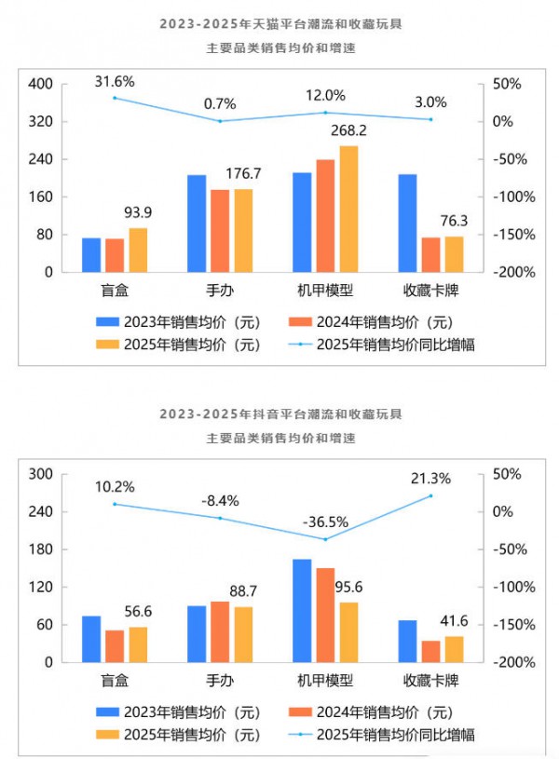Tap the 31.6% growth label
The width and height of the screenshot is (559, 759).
[x=115, y=82]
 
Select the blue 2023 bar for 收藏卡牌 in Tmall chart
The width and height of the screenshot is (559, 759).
[x=407, y=224]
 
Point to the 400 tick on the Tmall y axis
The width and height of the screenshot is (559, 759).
[x=40, y=84]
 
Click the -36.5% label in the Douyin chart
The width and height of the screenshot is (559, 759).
[x=325, y=522]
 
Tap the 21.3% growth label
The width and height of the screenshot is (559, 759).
[x=430, y=479]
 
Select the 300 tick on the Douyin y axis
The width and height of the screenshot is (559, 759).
[x=40, y=474]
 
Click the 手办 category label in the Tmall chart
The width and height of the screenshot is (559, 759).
[x=220, y=291]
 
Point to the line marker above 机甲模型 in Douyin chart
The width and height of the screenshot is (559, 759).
[x=325, y=539]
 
